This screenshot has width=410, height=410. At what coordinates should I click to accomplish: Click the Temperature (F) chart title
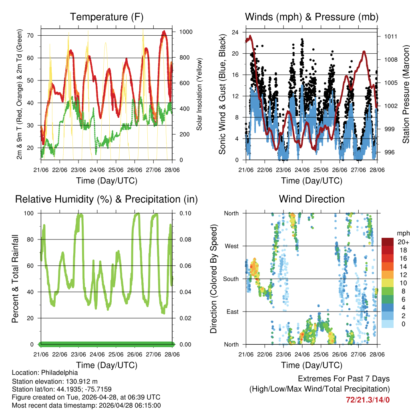click(x=107, y=17)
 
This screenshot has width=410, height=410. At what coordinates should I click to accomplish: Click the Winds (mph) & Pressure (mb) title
click(x=312, y=17)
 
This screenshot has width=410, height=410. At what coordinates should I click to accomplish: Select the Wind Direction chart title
click(x=312, y=199)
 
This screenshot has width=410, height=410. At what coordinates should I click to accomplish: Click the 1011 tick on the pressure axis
click(x=390, y=36)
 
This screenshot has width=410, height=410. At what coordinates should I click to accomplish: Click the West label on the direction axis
click(x=231, y=246)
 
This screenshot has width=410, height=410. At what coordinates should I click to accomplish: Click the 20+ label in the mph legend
click(x=402, y=242)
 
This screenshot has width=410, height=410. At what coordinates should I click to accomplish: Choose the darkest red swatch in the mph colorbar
click(x=387, y=242)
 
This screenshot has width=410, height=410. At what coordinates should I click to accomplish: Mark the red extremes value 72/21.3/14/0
click(x=368, y=399)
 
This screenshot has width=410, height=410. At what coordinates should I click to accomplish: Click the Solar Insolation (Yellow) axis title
click(x=199, y=94)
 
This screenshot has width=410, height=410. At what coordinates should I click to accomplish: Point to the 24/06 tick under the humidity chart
click(x=97, y=354)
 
